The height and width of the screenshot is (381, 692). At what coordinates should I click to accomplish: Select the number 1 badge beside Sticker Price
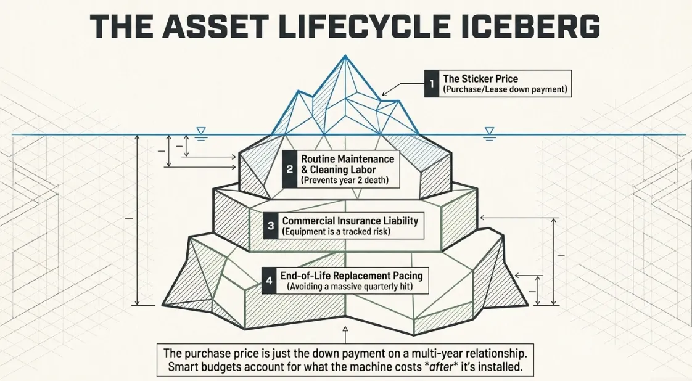(432, 83)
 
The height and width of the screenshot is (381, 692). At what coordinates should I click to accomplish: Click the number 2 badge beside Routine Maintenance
(289, 170)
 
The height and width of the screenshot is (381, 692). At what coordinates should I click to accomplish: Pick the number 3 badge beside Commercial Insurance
(271, 226)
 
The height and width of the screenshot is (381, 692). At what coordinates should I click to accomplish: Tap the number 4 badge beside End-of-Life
(269, 280)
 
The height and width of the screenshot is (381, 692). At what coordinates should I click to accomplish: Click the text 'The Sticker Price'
(480, 78)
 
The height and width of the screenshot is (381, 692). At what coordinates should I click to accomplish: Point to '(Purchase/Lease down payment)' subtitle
(505, 89)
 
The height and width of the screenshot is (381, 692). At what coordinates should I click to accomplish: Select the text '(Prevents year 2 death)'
(345, 181)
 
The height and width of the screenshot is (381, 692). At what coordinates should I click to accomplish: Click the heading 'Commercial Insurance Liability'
(350, 221)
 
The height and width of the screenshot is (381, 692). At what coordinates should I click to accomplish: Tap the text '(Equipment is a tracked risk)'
(336, 231)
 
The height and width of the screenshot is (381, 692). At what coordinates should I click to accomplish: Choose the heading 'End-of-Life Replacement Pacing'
(352, 276)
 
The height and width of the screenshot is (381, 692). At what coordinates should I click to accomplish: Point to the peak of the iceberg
(345, 55)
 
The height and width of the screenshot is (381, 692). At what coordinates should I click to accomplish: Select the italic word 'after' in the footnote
(442, 366)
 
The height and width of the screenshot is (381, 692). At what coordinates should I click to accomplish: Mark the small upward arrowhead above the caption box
(345, 329)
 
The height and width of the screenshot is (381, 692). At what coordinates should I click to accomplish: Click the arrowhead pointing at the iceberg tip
(384, 93)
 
